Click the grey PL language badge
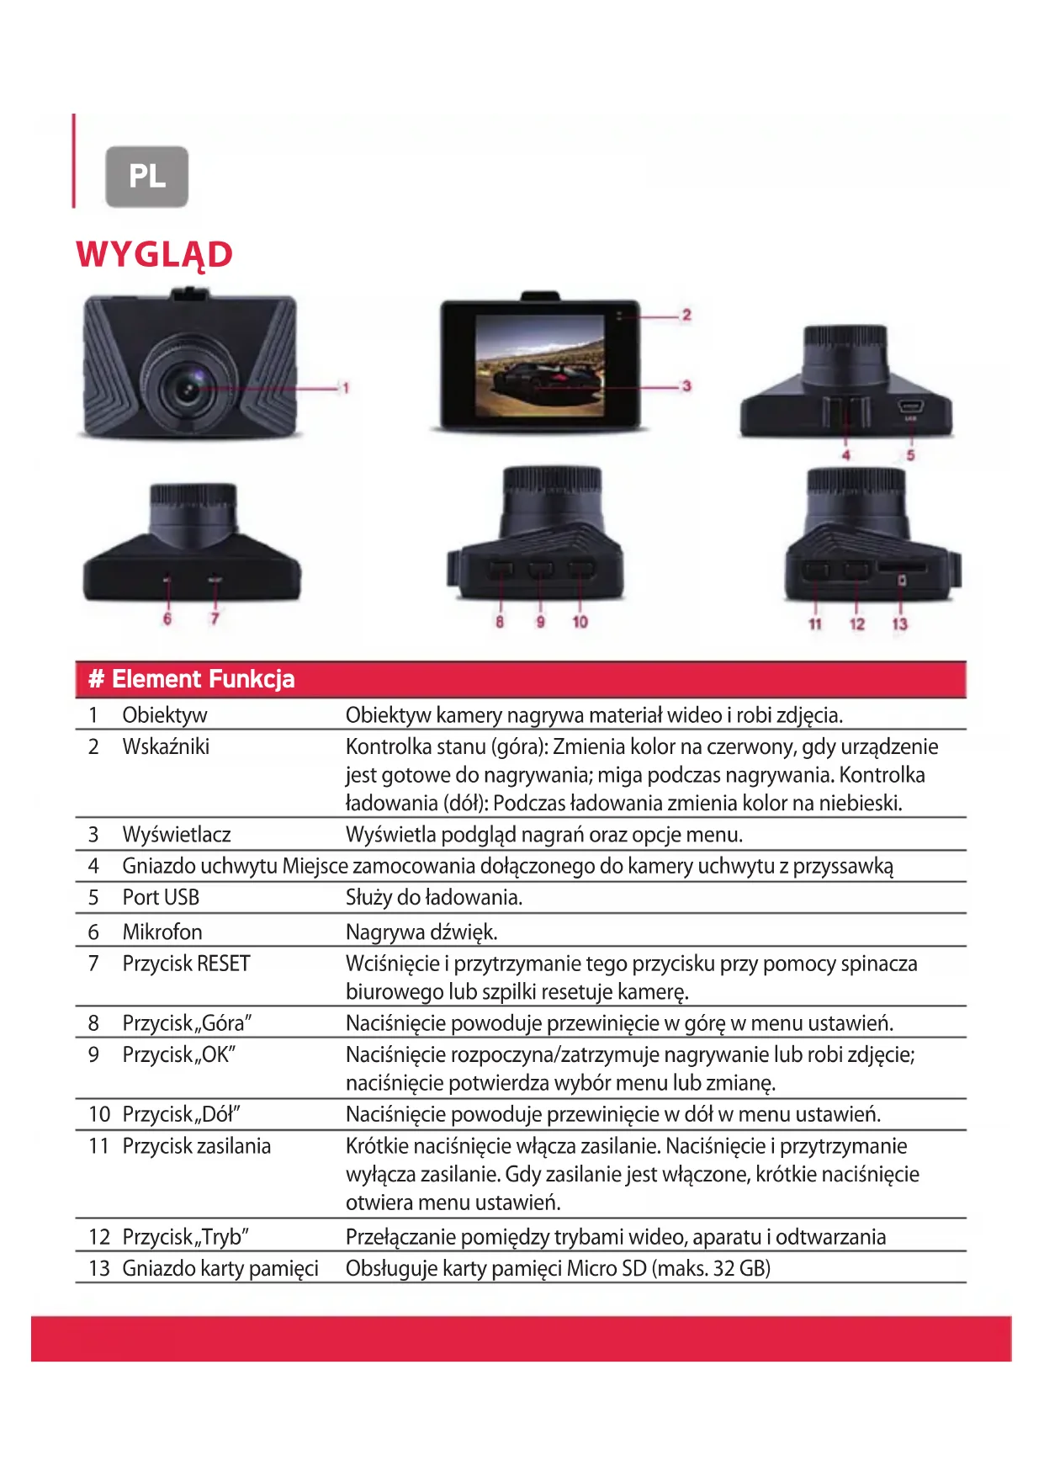[x=146, y=177]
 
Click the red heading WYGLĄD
[x=154, y=254]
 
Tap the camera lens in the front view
[x=187, y=386]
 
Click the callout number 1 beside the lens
[x=345, y=388]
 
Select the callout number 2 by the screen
[x=686, y=315]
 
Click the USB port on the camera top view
[x=910, y=406]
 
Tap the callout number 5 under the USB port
[x=910, y=455]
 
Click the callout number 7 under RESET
[x=215, y=619]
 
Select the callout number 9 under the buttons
[x=540, y=622]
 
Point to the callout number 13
[x=899, y=624]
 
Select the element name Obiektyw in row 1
[x=165, y=715]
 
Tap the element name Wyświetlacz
[x=177, y=835]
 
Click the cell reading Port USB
[x=161, y=898]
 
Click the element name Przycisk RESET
[x=186, y=964]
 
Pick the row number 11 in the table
[x=98, y=1146]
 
